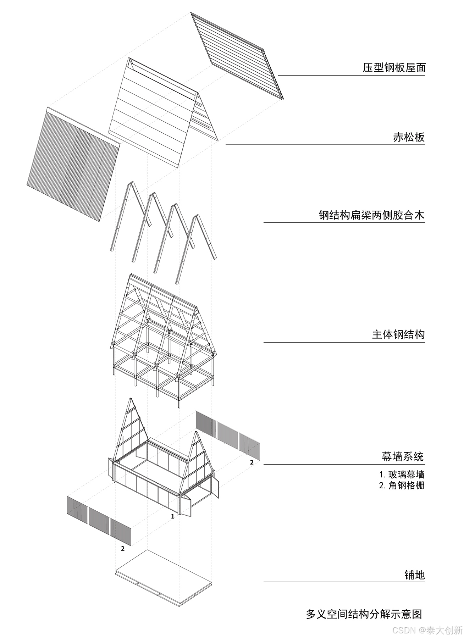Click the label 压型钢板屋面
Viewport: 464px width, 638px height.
394,68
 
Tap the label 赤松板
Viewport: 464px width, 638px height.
409,137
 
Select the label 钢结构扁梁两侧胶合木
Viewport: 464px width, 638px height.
371,215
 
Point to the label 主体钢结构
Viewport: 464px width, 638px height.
398,334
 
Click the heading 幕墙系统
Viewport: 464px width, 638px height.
403,456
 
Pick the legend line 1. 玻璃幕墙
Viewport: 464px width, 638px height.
401,475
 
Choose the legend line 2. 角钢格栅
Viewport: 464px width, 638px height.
401,486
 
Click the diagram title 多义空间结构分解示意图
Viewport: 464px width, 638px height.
364,614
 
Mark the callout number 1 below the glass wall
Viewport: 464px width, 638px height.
173,516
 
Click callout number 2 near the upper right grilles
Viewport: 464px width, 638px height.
252,462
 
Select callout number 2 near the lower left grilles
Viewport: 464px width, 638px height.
123,548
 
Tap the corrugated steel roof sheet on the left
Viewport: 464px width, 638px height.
73,163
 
